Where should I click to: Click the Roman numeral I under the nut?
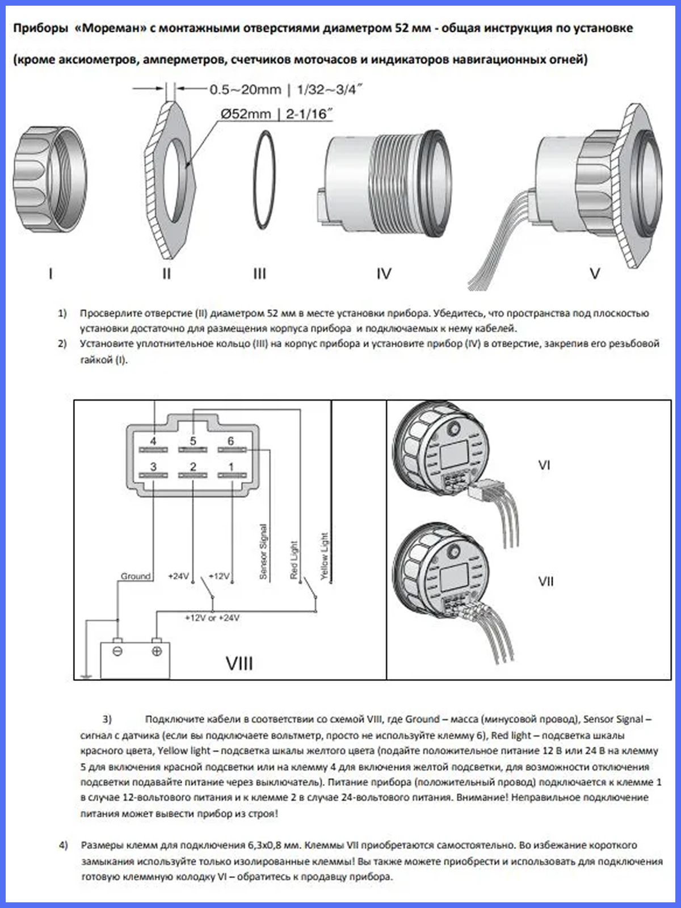(51, 274)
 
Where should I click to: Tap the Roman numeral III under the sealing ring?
(259, 274)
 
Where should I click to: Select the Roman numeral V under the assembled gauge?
(595, 274)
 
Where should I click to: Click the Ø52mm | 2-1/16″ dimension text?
(276, 114)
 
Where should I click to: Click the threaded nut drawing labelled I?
(50, 177)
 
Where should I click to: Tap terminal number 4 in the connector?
(153, 441)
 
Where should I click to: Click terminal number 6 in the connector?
(230, 441)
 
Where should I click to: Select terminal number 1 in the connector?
(231, 467)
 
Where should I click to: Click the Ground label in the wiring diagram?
(136, 576)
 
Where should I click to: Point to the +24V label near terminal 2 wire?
(178, 576)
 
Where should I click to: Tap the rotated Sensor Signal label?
(263, 551)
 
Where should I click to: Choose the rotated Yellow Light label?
(325, 556)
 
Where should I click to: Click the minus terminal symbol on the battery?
(117, 651)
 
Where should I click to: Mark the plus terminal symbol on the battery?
(157, 651)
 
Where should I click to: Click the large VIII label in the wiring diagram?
(239, 663)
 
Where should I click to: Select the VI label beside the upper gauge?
(544, 465)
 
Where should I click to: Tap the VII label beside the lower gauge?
(545, 581)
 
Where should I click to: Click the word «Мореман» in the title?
(111, 28)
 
